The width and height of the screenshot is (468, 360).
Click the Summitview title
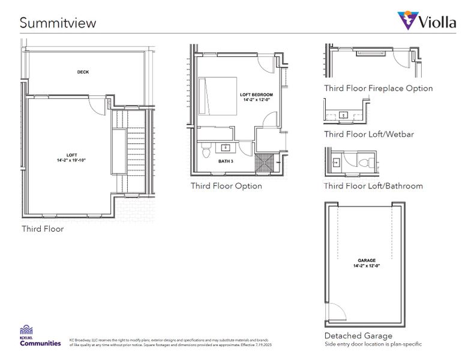(x=58, y=23)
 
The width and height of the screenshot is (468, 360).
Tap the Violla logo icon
(x=408, y=20)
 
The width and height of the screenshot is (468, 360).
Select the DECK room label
(x=83, y=72)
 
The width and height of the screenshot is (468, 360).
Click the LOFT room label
(x=71, y=155)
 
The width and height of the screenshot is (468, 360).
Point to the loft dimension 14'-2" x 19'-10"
(x=71, y=161)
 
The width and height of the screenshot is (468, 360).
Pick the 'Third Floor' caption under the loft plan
(x=43, y=229)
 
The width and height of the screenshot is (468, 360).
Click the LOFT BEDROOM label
(x=256, y=95)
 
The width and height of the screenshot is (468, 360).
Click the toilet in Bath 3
(x=206, y=151)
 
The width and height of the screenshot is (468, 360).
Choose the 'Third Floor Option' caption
(x=226, y=186)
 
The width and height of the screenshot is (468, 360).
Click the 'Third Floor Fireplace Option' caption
(x=379, y=88)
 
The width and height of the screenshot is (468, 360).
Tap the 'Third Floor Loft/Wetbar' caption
(x=369, y=134)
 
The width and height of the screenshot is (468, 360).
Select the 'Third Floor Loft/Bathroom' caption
(x=373, y=186)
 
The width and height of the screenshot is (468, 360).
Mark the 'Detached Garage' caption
(x=358, y=335)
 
